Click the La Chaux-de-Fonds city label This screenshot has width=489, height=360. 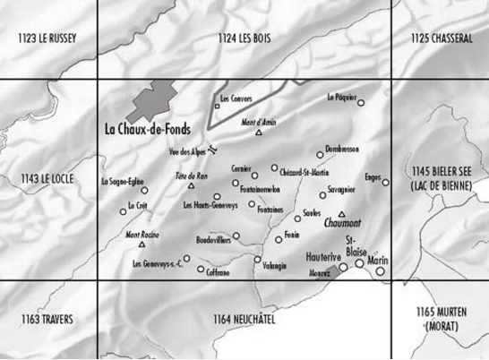[x=148, y=128]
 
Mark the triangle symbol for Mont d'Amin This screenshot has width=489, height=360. [x=258, y=133]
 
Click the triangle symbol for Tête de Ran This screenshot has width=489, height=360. [x=191, y=187]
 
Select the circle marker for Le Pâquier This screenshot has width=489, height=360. [x=363, y=103]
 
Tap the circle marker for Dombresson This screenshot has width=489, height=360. [x=320, y=154]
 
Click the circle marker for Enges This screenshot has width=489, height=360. [x=386, y=183]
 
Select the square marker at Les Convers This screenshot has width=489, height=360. [x=217, y=107]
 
